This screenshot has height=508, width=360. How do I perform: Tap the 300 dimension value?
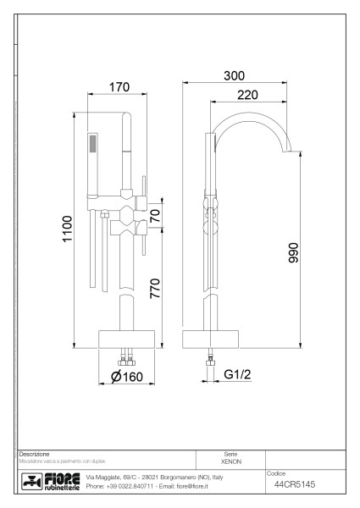click(x=235, y=75)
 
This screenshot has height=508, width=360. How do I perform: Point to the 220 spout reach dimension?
click(x=247, y=95)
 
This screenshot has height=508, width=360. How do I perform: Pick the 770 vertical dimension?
click(x=154, y=290)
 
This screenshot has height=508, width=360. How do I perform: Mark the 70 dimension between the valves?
click(x=154, y=216)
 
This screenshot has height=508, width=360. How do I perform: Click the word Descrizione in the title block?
click(x=35, y=454)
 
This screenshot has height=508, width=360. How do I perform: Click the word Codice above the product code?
click(x=278, y=472)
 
